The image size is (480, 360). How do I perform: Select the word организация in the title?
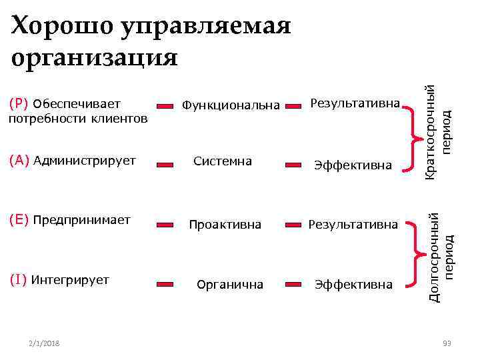tap(95, 58)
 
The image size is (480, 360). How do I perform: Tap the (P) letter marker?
tap(19, 104)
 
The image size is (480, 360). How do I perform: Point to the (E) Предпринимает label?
tap(69, 219)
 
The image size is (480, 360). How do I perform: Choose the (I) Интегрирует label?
tap(59, 279)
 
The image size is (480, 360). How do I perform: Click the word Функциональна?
tap(231, 105)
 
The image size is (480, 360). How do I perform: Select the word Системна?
tap(222, 161)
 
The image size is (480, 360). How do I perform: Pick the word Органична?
tap(230, 285)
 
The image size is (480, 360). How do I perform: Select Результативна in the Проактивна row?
tap(353, 225)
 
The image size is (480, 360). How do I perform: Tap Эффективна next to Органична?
tap(353, 285)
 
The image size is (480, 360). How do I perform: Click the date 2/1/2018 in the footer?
tap(44, 343)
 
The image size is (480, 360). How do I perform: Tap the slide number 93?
tap(447, 343)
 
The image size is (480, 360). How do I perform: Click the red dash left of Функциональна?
tap(167, 105)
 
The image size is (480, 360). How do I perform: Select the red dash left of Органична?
tap(167, 285)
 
